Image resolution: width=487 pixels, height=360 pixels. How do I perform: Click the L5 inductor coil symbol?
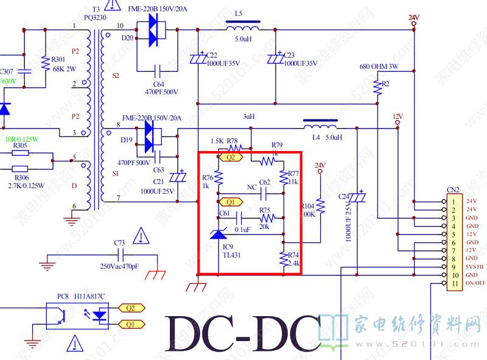coord(242,27)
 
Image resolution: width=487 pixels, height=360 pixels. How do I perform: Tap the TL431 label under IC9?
coord(231,255)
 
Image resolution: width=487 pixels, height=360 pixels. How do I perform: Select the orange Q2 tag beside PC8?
coord(131,308)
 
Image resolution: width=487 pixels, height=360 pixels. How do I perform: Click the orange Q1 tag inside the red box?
coord(229,202)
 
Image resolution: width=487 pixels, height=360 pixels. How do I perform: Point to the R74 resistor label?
coord(293,255)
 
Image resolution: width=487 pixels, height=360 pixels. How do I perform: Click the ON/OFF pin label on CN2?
coord(475,283)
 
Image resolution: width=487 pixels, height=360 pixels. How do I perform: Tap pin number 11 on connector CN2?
coord(454,283)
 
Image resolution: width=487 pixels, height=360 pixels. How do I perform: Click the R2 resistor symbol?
coord(379,86)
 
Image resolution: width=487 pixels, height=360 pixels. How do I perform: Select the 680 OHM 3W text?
coord(379,66)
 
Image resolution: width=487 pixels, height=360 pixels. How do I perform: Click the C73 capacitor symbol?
coord(119,253)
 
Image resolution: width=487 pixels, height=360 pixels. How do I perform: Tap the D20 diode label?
coord(127,38)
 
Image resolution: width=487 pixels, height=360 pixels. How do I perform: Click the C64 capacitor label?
coord(158,83)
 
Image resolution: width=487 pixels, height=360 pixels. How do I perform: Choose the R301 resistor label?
coord(58,59)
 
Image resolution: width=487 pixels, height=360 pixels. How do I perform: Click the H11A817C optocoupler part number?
coord(90,297)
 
